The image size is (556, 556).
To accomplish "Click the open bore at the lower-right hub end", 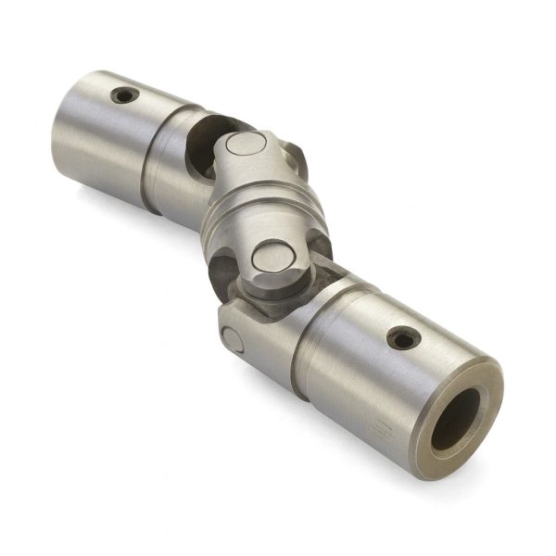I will [x=457, y=419].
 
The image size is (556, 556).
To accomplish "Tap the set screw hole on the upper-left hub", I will [x=124, y=95].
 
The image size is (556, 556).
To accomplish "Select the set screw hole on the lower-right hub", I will [x=403, y=338].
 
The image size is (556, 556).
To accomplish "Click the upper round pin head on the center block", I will [x=245, y=145].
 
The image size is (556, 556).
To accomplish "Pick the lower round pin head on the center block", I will [x=273, y=256].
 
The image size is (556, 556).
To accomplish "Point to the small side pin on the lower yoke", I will [x=233, y=340].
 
